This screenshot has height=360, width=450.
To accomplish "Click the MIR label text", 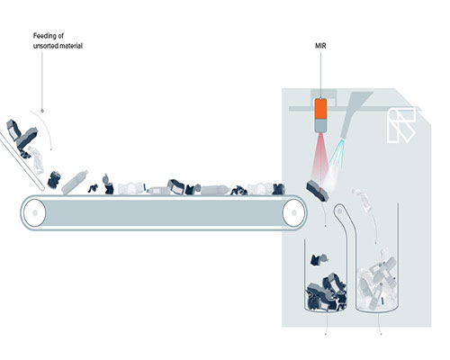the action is point(320,46).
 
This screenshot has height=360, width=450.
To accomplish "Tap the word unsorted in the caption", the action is point(45,46).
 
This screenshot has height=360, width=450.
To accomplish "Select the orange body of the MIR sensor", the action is point(320,109).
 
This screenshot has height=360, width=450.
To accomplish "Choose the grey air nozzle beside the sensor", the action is point(354,114).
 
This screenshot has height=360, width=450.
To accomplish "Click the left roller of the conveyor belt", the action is point(34,212).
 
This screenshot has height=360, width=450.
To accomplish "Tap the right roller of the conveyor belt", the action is point(294,212).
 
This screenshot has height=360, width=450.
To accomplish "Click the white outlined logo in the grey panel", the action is point(401,125).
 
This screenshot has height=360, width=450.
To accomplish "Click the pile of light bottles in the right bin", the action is point(377,281).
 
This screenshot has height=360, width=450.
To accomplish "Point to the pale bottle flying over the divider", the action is point(364,200).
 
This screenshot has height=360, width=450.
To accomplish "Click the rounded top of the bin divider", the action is point(340,207).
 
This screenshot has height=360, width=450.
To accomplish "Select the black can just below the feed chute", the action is point(55,180).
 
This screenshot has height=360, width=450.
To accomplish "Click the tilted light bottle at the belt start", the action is point(75,182).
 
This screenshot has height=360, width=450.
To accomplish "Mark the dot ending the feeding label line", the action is point(42,111).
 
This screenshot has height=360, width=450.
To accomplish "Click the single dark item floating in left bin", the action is point(319,259).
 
